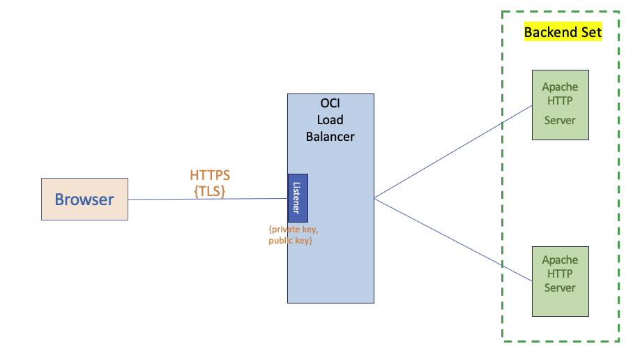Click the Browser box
pyautogui.click(x=84, y=200)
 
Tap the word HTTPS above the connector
pyautogui.click(x=209, y=176)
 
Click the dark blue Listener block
pyautogui.click(x=298, y=198)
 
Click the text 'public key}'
pyautogui.click(x=290, y=241)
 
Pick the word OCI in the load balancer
pyautogui.click(x=330, y=103)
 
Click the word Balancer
pyautogui.click(x=330, y=136)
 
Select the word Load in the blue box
pyautogui.click(x=330, y=119)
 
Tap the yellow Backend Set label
pyautogui.click(x=562, y=32)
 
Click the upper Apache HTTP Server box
pyautogui.click(x=560, y=104)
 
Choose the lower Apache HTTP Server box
pyautogui.click(x=560, y=279)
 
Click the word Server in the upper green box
pyautogui.click(x=560, y=120)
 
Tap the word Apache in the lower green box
pyautogui.click(x=560, y=260)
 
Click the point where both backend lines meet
pyautogui.click(x=374, y=198)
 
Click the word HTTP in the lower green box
pyautogui.click(x=560, y=273)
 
